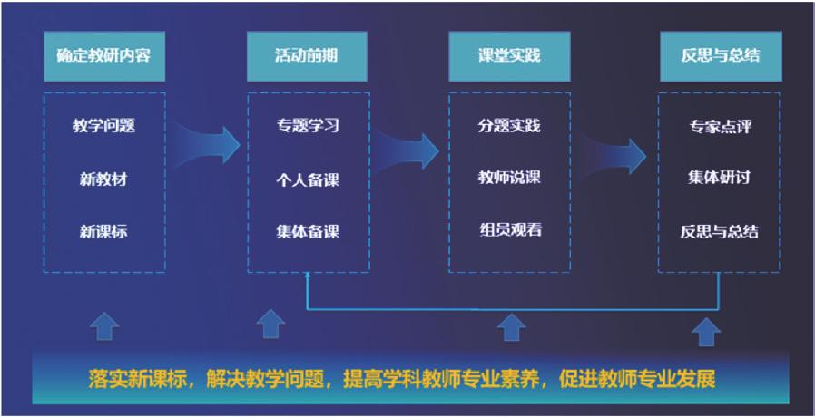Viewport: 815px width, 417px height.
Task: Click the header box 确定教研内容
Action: (103, 55)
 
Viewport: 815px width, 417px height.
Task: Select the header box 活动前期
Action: (307, 55)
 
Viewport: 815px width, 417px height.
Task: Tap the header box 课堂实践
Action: (508, 55)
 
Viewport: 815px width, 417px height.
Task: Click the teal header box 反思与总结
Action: (720, 55)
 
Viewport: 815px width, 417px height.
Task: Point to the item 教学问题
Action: (103, 126)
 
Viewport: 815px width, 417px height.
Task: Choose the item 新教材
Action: (103, 179)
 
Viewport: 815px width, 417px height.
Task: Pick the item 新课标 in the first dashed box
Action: (103, 231)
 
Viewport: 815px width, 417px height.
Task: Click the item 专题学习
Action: (308, 126)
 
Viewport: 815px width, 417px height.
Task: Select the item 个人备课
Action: (308, 179)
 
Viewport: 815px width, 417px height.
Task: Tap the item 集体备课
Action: (308, 231)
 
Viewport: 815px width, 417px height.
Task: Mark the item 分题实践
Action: (509, 126)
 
